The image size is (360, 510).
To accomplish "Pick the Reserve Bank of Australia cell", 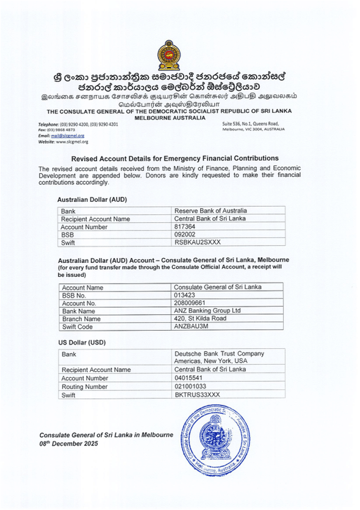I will click(x=210, y=211).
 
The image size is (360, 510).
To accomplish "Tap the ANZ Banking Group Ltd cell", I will click(x=207, y=310).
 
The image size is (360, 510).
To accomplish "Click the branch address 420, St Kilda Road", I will click(x=200, y=318).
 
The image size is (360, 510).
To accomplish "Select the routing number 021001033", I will click(x=190, y=386).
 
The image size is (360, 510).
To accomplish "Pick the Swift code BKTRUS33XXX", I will click(x=197, y=394).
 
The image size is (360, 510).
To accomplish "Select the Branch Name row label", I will click(x=81, y=319).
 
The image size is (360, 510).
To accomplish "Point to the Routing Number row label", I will click(x=84, y=386).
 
